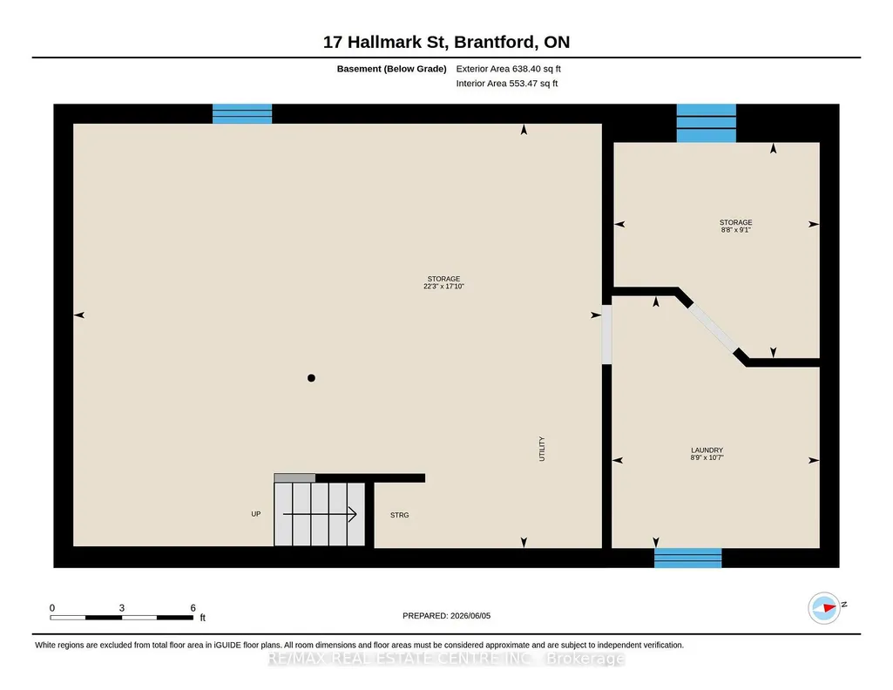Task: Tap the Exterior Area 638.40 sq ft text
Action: [509, 69]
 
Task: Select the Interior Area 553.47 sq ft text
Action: [507, 83]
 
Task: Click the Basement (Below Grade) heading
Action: [391, 69]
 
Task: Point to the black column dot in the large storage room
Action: [311, 378]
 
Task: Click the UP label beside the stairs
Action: [256, 514]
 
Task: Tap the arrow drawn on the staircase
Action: [320, 514]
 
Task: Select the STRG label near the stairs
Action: [399, 515]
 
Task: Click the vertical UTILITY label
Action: [542, 449]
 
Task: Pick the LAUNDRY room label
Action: [707, 450]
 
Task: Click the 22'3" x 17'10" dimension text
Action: [443, 287]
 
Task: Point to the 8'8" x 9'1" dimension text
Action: [736, 230]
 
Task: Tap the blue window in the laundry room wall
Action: [688, 558]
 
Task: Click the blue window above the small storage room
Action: [707, 123]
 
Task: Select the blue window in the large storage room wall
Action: [242, 114]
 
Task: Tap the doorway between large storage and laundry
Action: [606, 335]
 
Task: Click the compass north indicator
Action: [825, 608]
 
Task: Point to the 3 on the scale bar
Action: [122, 608]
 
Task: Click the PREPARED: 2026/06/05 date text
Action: [446, 616]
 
